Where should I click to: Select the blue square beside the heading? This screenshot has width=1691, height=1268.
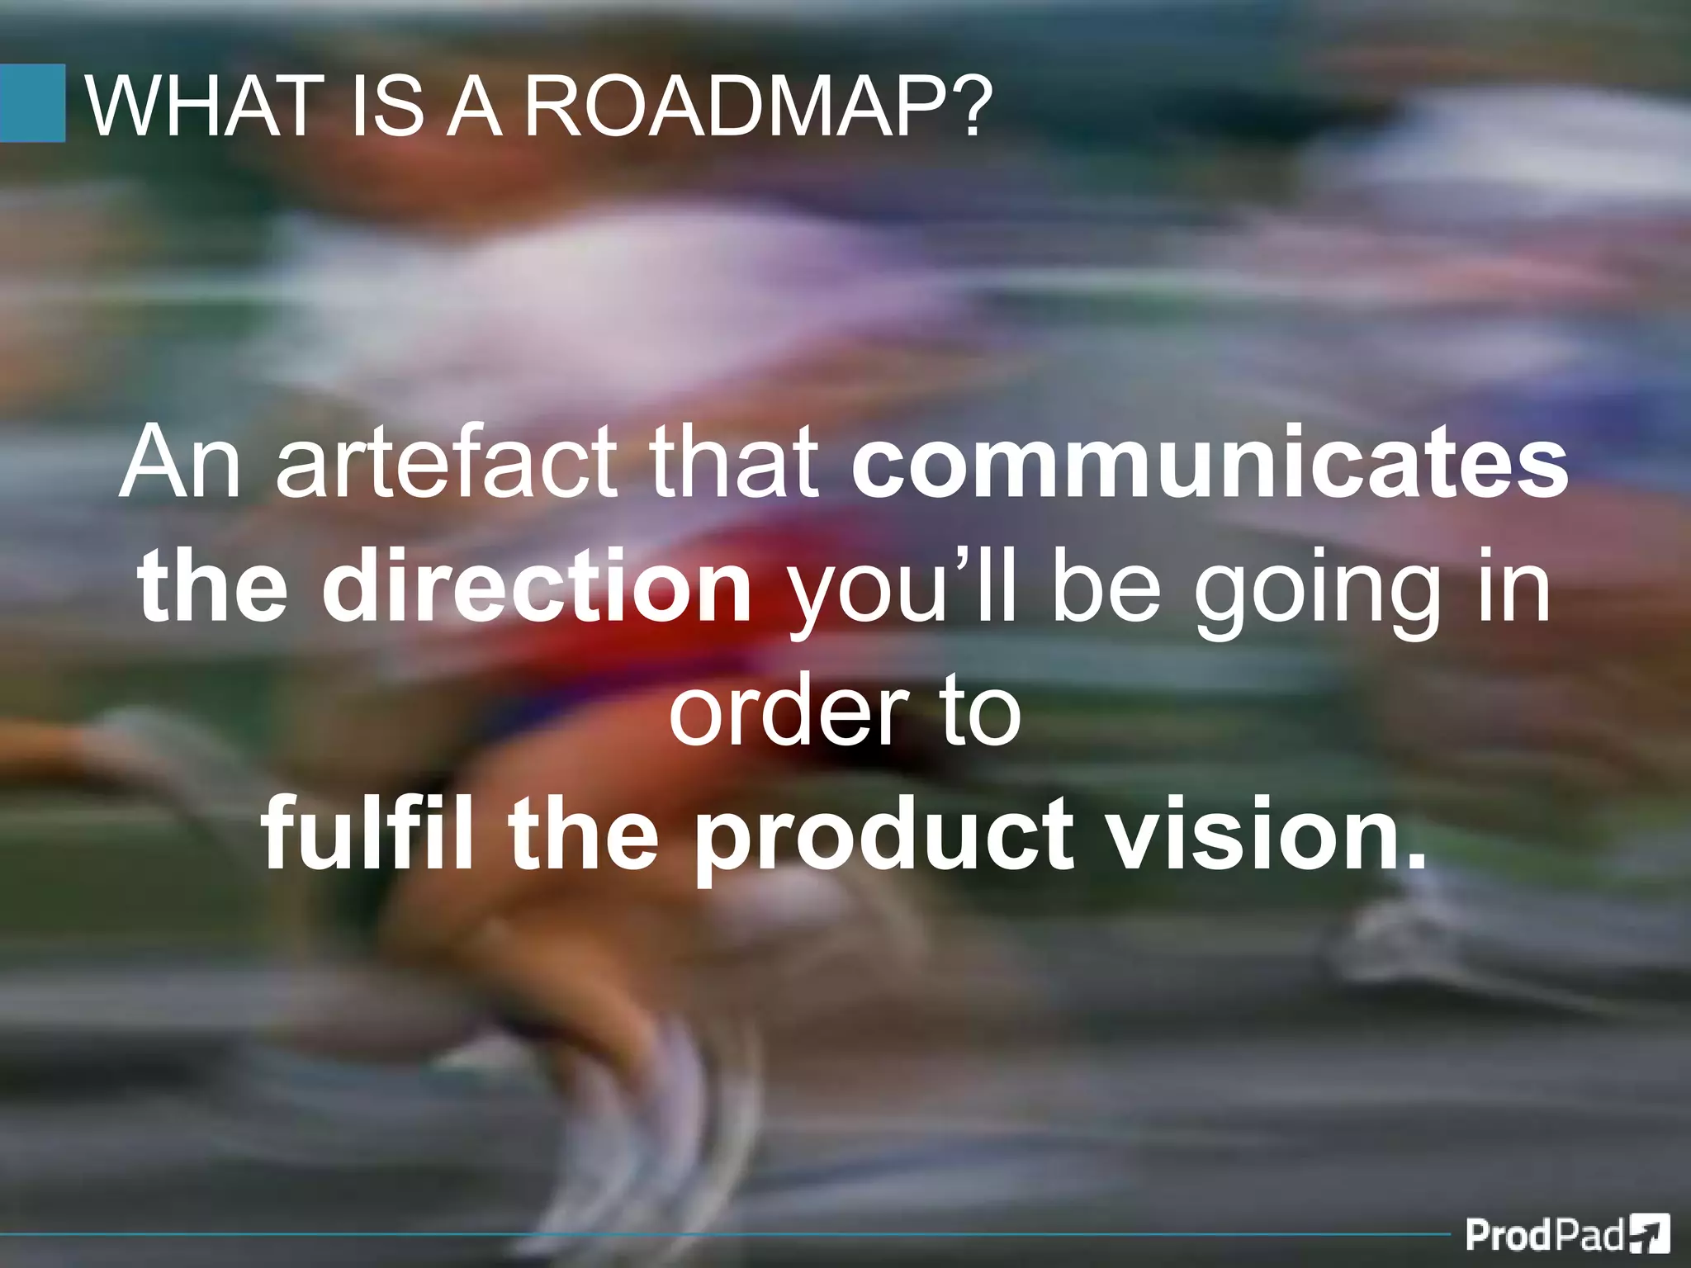point(32,103)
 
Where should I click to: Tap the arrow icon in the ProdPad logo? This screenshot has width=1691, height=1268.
point(1650,1234)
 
